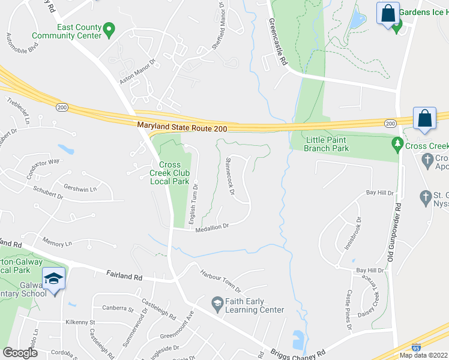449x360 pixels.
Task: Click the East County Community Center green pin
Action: pos(109,29)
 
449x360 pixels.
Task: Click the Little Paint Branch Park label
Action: pos(327,143)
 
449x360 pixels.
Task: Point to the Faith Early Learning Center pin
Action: pos(217,305)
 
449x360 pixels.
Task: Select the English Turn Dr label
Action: pos(193,203)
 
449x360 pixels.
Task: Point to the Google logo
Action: pos(19,353)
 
